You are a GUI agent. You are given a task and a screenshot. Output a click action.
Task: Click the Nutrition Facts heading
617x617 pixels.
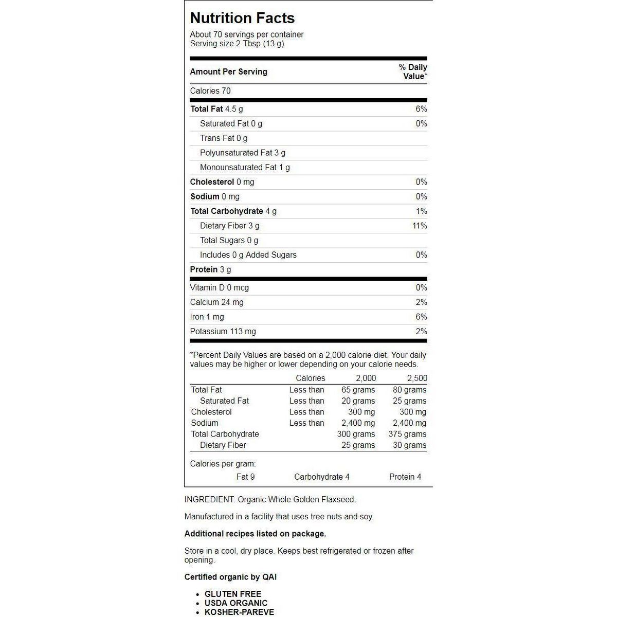[x=242, y=18]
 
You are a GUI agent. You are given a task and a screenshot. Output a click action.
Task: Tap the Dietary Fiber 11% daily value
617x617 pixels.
[x=420, y=226]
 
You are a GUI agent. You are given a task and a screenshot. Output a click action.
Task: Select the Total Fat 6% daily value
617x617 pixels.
[x=421, y=109]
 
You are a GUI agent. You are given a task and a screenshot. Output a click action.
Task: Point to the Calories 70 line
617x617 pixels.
[x=210, y=91]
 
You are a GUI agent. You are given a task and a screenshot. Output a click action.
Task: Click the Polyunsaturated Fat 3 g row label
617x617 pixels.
[x=243, y=153]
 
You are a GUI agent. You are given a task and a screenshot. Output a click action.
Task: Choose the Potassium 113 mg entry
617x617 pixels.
[x=223, y=332]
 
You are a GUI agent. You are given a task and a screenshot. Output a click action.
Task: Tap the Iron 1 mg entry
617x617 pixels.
[x=207, y=317]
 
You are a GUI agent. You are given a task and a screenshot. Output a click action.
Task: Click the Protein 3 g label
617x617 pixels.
[x=210, y=269]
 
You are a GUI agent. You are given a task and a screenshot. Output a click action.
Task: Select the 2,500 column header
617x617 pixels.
[x=417, y=378]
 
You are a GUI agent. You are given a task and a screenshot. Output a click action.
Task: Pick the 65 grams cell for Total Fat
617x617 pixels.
[x=358, y=390]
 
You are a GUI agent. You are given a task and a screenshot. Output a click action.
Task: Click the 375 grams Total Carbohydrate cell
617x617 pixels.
[x=407, y=434]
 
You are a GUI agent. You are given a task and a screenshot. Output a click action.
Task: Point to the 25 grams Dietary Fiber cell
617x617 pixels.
[x=358, y=445]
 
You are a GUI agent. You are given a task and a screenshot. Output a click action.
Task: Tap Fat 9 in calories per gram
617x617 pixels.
[x=245, y=477]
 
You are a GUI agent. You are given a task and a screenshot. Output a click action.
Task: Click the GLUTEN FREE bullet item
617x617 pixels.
[x=233, y=594]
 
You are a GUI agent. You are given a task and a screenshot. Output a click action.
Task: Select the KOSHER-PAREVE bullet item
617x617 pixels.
[x=239, y=612]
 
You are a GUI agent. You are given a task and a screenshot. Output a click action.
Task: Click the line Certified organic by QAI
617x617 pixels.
[x=230, y=577]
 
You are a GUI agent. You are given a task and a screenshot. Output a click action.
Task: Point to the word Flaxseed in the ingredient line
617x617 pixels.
[x=338, y=499]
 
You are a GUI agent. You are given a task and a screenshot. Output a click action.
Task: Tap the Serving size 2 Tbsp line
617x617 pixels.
[x=237, y=44]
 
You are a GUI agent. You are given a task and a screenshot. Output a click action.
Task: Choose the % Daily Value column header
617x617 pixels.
[x=413, y=71]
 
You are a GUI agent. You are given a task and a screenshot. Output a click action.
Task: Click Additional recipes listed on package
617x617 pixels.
[x=255, y=534]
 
